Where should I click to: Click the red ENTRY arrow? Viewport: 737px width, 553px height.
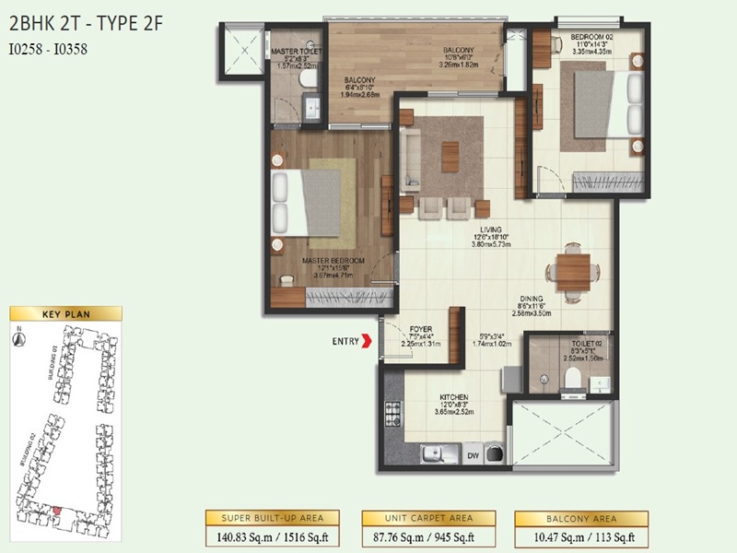pyautogui.click(x=368, y=342)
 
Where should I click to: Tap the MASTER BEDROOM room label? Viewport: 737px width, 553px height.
pyautogui.click(x=333, y=261)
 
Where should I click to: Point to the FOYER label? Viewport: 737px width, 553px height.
pyautogui.click(x=421, y=329)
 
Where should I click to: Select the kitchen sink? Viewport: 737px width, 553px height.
pyautogui.click(x=430, y=453)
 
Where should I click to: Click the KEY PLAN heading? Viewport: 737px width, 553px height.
pyautogui.click(x=64, y=314)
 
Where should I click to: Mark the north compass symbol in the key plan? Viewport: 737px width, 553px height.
pyautogui.click(x=18, y=337)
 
